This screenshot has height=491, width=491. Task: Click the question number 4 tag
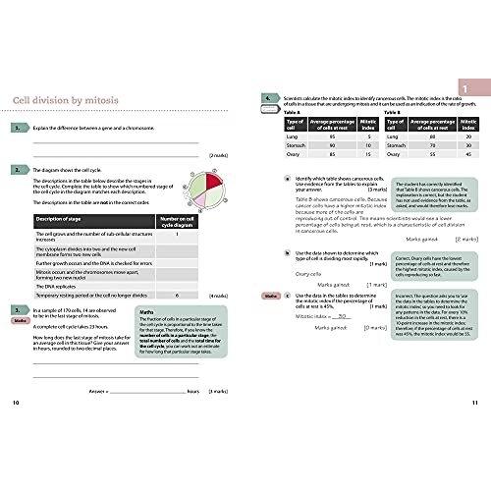(268, 99)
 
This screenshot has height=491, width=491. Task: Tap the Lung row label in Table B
(396, 135)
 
